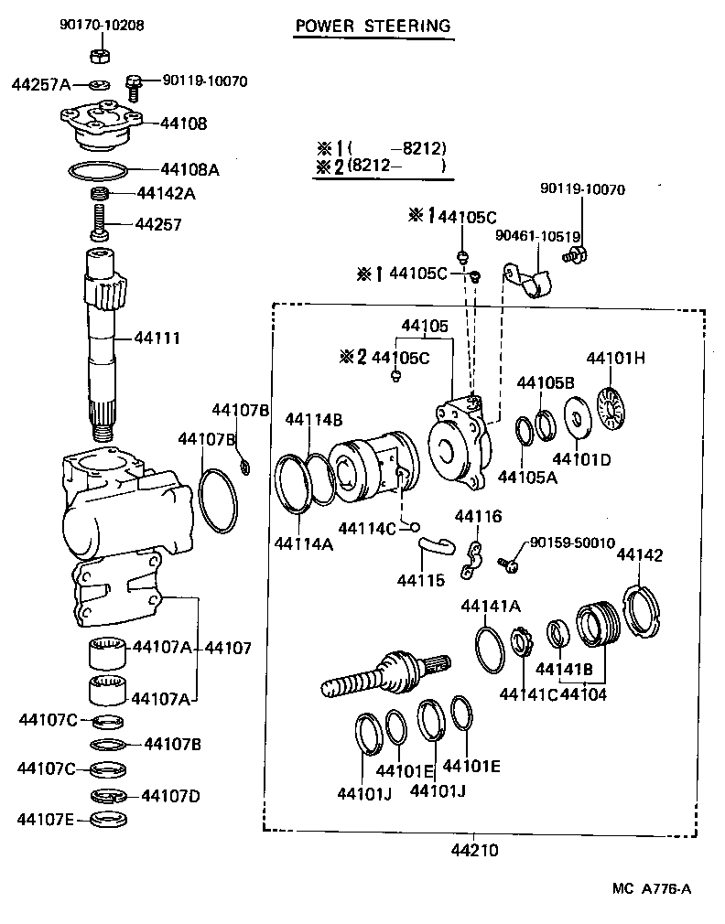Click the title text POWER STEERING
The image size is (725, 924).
[x=373, y=26]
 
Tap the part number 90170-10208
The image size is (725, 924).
[x=103, y=26]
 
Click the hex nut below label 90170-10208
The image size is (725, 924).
[x=102, y=56]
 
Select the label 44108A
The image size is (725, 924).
[x=189, y=169]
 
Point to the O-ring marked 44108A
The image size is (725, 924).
[x=98, y=169]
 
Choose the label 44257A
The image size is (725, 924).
[x=41, y=85]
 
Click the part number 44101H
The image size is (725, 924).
[x=615, y=358]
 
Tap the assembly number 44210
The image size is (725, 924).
[x=473, y=850]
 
